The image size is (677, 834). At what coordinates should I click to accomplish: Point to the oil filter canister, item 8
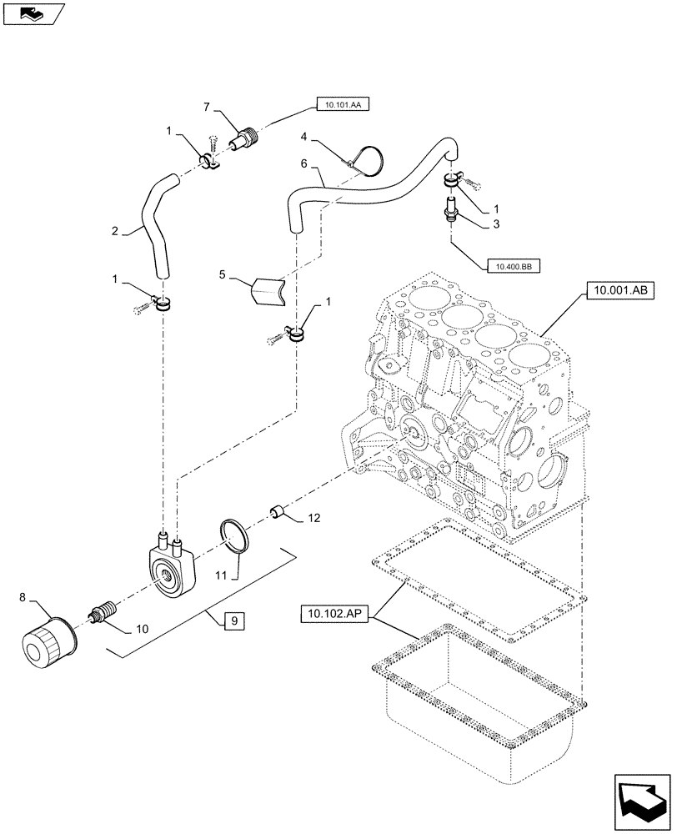[48, 643]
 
